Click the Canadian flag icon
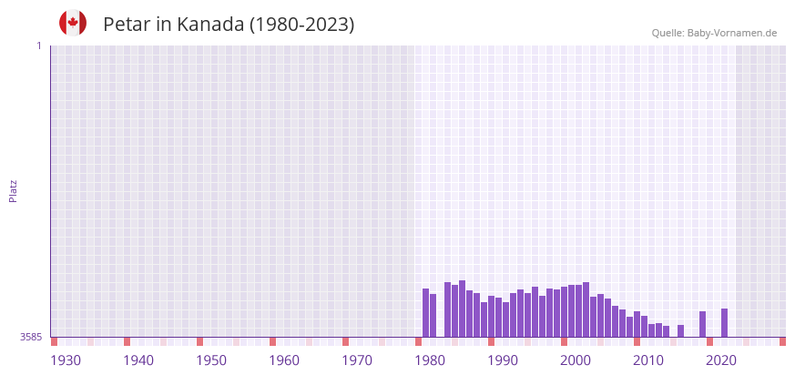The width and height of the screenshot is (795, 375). (x=73, y=24)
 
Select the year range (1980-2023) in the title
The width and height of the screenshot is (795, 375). (x=301, y=25)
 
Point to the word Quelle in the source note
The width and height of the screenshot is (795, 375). (x=667, y=33)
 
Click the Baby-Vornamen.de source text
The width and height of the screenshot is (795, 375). (x=732, y=33)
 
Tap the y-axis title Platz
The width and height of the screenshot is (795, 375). (x=13, y=191)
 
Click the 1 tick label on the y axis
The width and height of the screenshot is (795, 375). (x=38, y=46)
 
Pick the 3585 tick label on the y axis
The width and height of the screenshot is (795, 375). (x=31, y=337)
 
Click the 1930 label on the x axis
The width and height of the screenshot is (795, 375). (x=66, y=360)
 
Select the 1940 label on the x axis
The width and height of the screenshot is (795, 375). (x=138, y=360)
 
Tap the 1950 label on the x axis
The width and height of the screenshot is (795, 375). (x=211, y=360)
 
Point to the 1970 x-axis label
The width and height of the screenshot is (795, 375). (x=357, y=360)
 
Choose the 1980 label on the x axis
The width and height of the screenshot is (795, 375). (x=430, y=360)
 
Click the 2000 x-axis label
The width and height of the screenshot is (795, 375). (x=576, y=360)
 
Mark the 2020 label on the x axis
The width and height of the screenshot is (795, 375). (x=721, y=360)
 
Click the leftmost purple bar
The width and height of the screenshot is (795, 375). (x=425, y=313)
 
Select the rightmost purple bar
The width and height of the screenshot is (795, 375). (x=724, y=323)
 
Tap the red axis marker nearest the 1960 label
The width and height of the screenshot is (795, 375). (x=272, y=341)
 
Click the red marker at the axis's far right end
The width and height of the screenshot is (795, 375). (x=782, y=341)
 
